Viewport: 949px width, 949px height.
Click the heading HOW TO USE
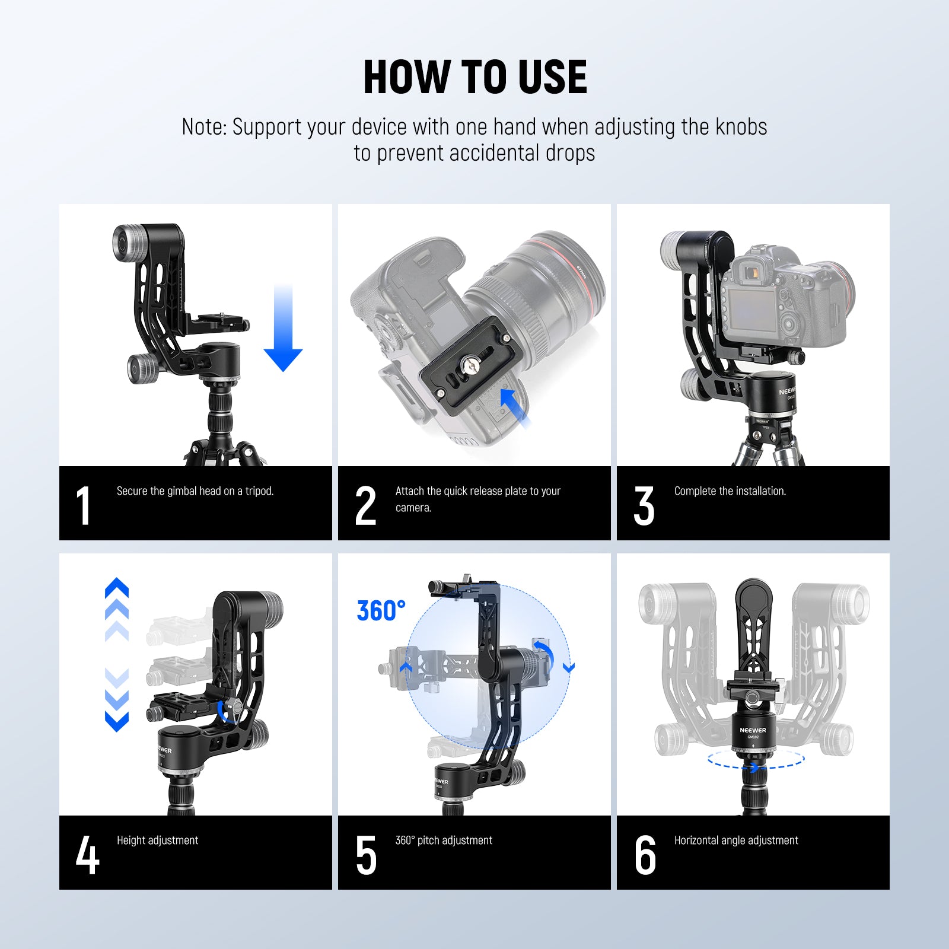[474, 77]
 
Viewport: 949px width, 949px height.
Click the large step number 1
[84, 505]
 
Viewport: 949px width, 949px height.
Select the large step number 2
[365, 505]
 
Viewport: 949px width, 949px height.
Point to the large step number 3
[644, 505]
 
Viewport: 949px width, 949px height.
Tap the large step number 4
[87, 855]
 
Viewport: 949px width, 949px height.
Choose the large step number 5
[366, 855]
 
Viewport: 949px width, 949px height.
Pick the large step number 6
[645, 855]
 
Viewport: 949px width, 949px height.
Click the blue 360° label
[381, 611]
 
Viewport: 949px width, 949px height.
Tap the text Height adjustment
[157, 840]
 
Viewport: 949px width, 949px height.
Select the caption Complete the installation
[730, 491]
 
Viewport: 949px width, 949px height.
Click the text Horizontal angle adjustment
[735, 840]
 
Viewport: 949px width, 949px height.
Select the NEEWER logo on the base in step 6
[753, 730]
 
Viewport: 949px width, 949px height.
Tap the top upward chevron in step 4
[117, 587]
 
